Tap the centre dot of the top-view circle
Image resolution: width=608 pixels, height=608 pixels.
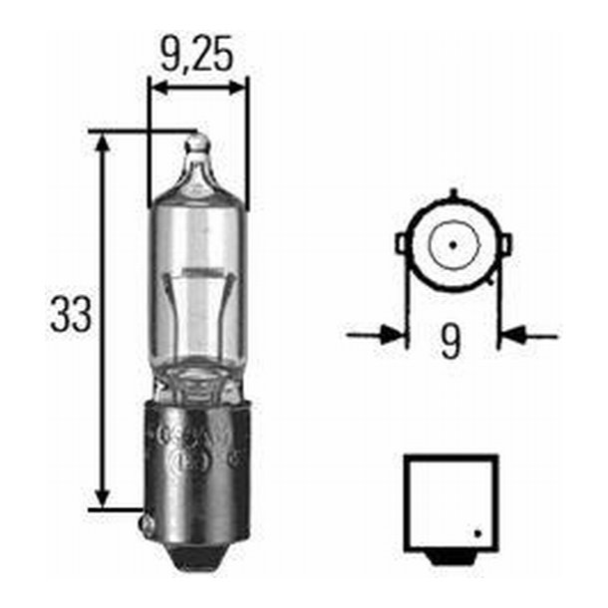pyautogui.click(x=452, y=242)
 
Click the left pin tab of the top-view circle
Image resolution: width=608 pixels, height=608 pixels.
pyautogui.click(x=402, y=242)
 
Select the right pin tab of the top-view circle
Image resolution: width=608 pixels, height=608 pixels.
pyautogui.click(x=504, y=243)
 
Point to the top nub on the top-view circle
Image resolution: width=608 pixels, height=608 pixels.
pyautogui.click(x=453, y=190)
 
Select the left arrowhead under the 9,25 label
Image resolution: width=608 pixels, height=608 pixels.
pyautogui.click(x=157, y=89)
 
